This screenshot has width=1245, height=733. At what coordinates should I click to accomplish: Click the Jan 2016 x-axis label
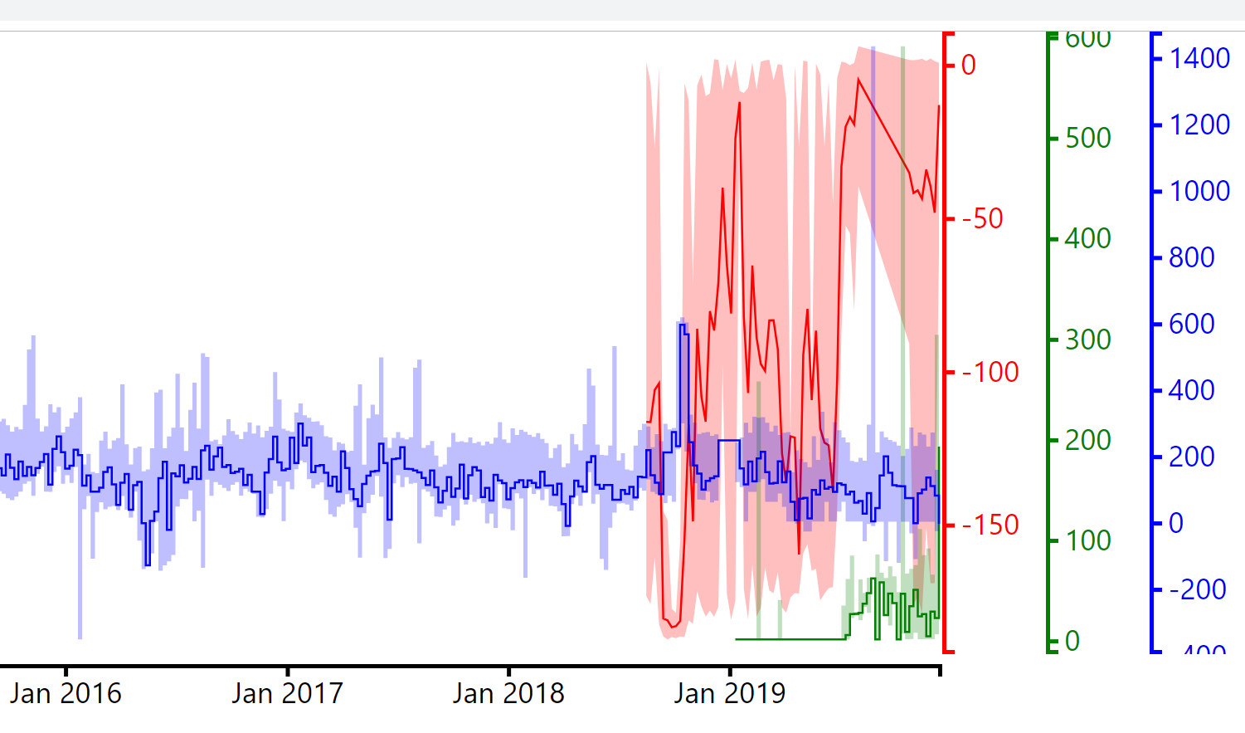66,693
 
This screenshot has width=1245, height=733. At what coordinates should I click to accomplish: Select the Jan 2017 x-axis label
287,693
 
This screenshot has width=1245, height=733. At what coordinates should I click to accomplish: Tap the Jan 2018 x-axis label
508,693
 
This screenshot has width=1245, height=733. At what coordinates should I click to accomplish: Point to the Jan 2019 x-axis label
730,693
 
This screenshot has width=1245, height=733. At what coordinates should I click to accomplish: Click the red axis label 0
969,65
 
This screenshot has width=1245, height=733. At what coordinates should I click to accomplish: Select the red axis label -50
983,218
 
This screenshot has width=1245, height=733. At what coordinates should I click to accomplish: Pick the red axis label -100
990,372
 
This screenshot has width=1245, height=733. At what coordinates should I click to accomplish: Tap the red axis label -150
990,525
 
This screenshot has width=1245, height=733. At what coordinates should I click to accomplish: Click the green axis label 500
1088,138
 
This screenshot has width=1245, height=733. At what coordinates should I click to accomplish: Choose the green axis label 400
1088,239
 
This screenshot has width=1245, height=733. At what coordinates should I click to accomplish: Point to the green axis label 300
1088,340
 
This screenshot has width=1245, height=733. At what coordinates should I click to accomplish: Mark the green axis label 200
1088,440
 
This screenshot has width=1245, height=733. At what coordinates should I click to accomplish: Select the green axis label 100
1088,541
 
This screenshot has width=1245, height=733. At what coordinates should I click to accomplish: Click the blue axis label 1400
1199,58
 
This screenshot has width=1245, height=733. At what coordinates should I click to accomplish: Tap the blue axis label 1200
1199,125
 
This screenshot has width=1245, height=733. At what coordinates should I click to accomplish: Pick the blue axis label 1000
1199,191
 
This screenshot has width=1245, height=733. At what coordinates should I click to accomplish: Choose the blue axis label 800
1192,257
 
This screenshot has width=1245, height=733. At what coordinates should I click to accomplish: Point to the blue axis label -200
1198,589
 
